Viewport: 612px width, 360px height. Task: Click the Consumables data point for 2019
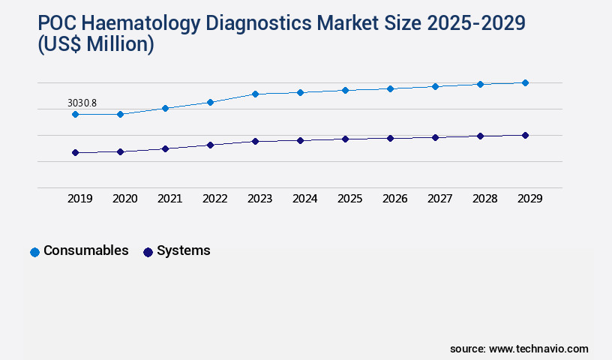click(75, 114)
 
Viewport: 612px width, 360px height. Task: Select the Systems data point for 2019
click(75, 152)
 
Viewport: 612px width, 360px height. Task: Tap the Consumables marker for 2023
click(255, 94)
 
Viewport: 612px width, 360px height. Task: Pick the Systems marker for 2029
click(525, 135)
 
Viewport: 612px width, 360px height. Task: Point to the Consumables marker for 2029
click(525, 82)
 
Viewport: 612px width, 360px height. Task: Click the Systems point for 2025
click(345, 139)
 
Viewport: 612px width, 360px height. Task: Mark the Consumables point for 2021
click(165, 108)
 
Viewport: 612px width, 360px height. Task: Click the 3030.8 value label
click(82, 103)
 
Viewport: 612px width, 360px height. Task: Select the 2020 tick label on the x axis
click(124, 199)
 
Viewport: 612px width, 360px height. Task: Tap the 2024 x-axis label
click(304, 199)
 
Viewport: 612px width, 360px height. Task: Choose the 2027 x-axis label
click(439, 199)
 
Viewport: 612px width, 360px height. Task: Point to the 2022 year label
click(214, 199)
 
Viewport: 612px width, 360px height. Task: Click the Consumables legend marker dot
click(34, 252)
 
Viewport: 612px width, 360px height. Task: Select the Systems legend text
click(183, 250)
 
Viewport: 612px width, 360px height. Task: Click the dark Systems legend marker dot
click(148, 252)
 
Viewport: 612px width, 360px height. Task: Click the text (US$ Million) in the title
click(96, 45)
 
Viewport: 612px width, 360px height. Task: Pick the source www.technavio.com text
click(519, 349)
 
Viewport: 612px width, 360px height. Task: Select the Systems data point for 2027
click(435, 137)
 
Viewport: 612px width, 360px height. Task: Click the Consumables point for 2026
click(390, 88)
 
